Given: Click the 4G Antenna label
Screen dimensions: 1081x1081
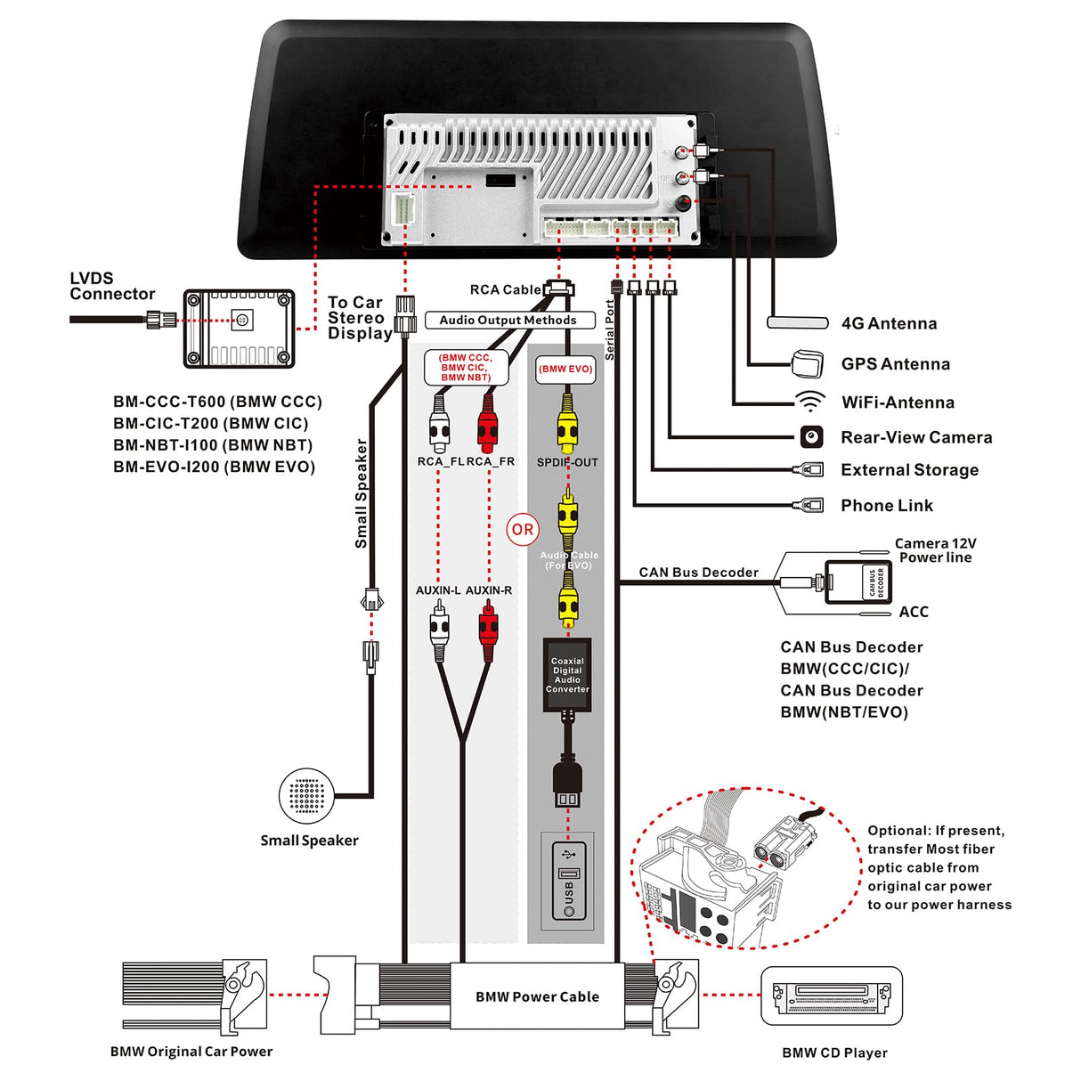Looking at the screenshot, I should pyautogui.click(x=889, y=324).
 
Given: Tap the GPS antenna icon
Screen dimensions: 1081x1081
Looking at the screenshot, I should pyautogui.click(x=807, y=364).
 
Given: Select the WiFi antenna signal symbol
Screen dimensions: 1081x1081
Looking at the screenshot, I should pyautogui.click(x=809, y=402).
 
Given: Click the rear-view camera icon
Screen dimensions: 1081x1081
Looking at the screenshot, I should pyautogui.click(x=810, y=437).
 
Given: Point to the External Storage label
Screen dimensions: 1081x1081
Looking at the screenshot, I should pyautogui.click(x=909, y=470).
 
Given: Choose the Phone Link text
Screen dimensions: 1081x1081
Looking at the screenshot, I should pyautogui.click(x=887, y=506).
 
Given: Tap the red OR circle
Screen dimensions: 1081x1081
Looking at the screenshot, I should pyautogui.click(x=523, y=530).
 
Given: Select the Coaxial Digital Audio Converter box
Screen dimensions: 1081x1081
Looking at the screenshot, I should pyautogui.click(x=567, y=675).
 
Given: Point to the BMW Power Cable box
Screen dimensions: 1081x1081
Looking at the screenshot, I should pyautogui.click(x=537, y=996).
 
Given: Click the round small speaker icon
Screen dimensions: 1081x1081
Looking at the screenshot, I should pyautogui.click(x=306, y=796).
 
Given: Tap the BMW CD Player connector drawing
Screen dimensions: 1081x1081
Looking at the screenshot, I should pyautogui.click(x=832, y=996).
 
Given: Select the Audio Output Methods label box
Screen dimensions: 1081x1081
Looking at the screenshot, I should pyautogui.click(x=508, y=321).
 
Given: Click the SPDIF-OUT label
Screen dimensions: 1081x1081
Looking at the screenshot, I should pyautogui.click(x=567, y=462).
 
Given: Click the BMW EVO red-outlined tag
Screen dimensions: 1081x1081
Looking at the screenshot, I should pyautogui.click(x=565, y=369).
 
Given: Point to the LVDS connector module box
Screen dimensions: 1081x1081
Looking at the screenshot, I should pyautogui.click(x=239, y=329).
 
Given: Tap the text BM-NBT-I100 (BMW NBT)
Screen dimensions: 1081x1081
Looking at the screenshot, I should pyautogui.click(x=212, y=445).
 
